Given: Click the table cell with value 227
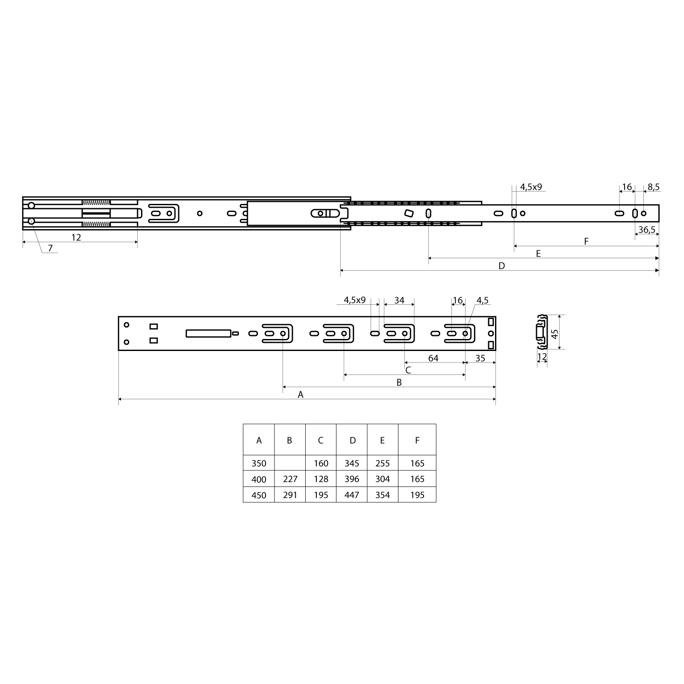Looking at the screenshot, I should coord(290,479).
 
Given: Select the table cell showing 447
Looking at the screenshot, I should coord(352,495).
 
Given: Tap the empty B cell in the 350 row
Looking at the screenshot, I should coord(290,463).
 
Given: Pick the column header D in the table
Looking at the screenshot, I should coord(352,440).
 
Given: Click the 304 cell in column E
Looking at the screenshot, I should coord(382,479).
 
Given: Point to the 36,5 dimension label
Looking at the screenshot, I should coord(647,230).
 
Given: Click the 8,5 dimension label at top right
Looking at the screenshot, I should coord(654,187).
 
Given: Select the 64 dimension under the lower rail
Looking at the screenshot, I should coord(433,358).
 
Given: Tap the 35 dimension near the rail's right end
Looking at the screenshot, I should coord(480,358).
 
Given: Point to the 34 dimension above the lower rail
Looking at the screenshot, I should coord(399,300).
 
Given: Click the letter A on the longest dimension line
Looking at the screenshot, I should coord(301,395).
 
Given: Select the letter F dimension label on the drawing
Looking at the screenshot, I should coord(586,242).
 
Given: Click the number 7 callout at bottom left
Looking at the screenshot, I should coord(50,248).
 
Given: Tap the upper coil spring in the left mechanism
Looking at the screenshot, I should coord(96,202).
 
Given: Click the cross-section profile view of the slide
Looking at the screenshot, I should coord(542,332).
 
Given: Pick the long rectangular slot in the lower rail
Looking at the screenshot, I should coord(208,333).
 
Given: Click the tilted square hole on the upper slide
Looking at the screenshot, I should coord(409,213).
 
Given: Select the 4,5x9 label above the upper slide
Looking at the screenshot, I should coord(531,187).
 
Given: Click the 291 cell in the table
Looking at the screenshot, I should coord(290,495).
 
